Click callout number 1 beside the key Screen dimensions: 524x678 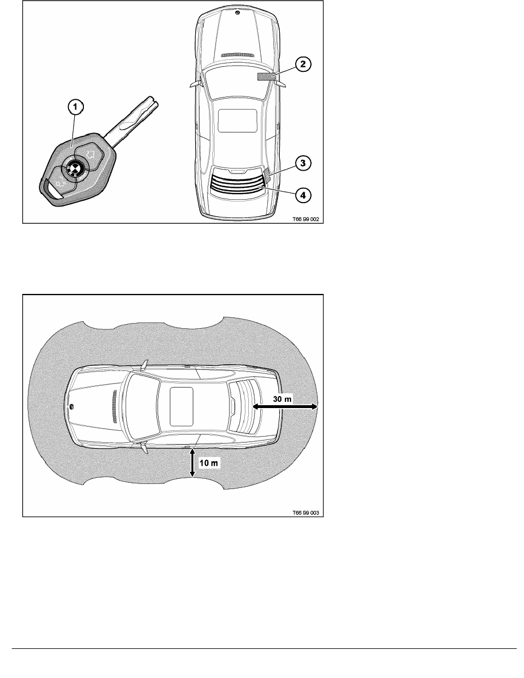[75, 107]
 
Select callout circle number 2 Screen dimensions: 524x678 [303, 64]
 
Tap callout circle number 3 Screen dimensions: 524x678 [303, 163]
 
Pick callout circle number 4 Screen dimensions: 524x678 [303, 195]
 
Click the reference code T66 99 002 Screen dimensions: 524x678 [305, 219]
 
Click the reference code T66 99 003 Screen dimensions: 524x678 [305, 512]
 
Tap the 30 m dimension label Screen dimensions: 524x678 [282, 399]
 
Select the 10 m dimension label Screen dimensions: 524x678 [209, 463]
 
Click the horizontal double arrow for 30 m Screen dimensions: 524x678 [285, 406]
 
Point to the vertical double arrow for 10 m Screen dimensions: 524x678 [192, 463]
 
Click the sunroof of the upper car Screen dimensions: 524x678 [237, 120]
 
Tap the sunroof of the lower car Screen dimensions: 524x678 [181, 406]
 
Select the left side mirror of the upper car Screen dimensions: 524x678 [196, 83]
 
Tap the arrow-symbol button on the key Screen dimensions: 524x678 [90, 152]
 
